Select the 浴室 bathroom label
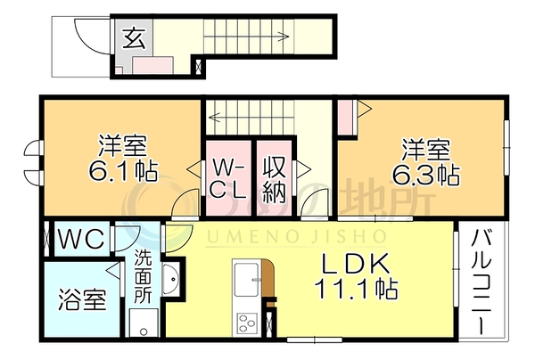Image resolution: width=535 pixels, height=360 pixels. [82, 299]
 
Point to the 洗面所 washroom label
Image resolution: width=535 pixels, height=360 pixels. [143, 276]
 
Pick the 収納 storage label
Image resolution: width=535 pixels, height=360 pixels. [274, 179]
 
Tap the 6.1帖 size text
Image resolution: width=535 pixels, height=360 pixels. [123, 171]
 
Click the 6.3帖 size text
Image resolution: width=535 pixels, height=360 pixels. [426, 175]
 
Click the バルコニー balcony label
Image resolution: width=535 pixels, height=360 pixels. [481, 282]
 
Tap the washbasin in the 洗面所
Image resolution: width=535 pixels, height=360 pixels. [170, 280]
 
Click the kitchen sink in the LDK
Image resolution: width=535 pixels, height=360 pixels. [246, 280]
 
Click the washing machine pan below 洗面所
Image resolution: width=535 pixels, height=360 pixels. [144, 323]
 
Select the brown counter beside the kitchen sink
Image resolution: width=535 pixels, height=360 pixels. [267, 278]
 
